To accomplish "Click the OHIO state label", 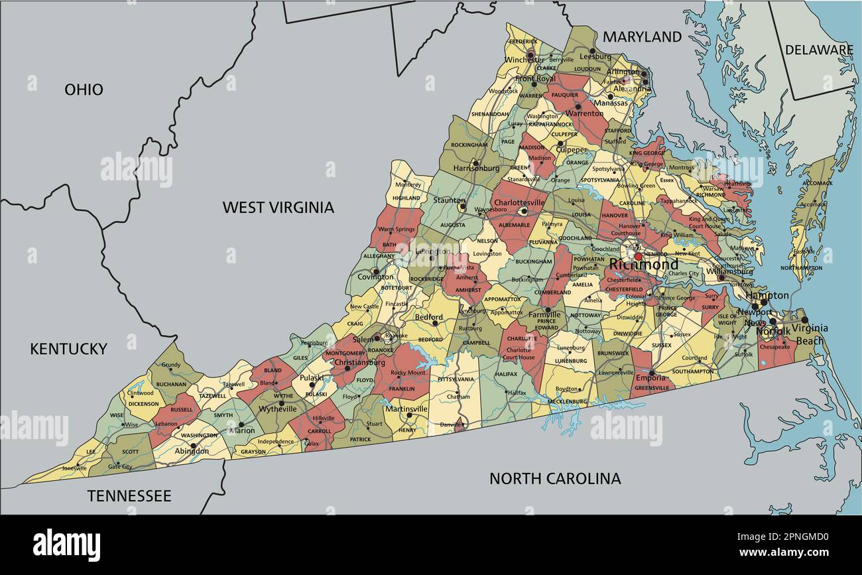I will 84,90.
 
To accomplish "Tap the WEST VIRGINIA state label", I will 278,208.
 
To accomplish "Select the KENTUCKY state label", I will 68,349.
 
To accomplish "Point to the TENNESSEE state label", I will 129,496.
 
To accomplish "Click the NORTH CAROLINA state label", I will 555,478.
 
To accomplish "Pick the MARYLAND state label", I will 642,37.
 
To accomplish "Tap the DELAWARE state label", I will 819,50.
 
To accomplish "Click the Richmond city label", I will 644,265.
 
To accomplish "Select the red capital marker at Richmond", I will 638,257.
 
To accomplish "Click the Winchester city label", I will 524,60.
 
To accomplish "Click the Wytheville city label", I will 278,409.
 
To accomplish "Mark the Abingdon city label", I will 192,451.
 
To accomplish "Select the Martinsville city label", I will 406,409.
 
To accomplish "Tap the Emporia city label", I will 650,378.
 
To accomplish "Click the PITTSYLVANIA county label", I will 456,379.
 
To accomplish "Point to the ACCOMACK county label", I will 817,183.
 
